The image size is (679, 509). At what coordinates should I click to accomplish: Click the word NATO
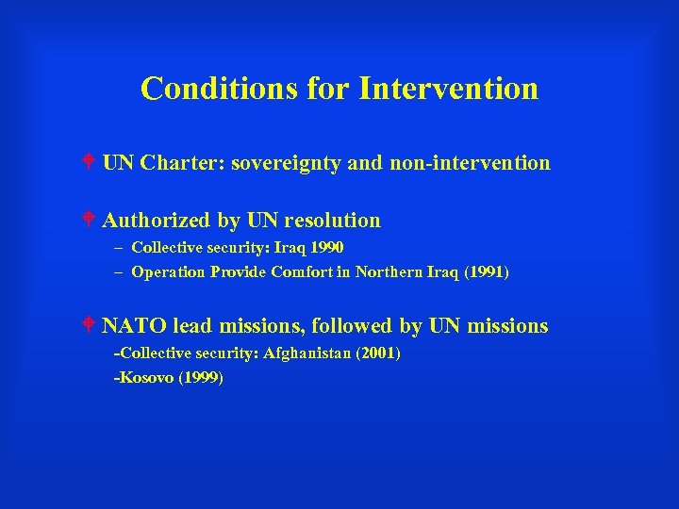(x=133, y=326)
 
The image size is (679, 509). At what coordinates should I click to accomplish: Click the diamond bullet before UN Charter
(x=88, y=162)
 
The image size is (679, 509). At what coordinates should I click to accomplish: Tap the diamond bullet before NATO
(x=88, y=325)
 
